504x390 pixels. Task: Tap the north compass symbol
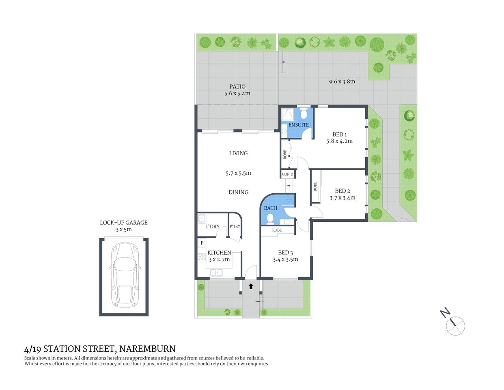click(454, 325)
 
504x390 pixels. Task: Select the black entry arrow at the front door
click(251, 286)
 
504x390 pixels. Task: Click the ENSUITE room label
click(299, 125)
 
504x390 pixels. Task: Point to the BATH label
click(271, 208)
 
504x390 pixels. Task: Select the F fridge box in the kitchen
click(202, 243)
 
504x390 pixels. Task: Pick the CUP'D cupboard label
click(288, 174)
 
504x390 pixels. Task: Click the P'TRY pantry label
click(235, 226)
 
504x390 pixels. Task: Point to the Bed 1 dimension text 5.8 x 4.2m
click(339, 141)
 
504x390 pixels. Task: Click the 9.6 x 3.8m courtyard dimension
click(342, 81)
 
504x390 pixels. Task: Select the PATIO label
click(237, 86)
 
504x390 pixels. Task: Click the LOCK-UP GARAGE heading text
click(124, 223)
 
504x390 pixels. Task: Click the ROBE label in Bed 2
click(315, 186)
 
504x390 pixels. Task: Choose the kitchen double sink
click(216, 273)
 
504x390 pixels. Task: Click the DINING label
click(238, 192)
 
